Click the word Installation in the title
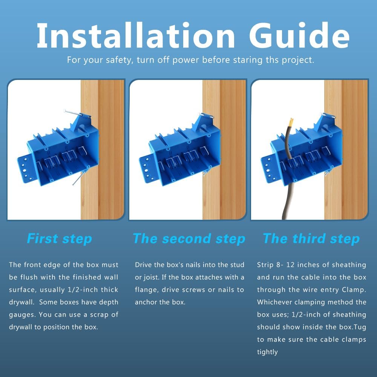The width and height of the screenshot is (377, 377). coord(136,35)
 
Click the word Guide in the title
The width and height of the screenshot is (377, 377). coord(299,35)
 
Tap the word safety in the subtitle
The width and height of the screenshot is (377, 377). coord(120,60)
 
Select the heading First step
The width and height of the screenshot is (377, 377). coord(60,239)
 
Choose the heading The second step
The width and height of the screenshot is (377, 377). coord(189,239)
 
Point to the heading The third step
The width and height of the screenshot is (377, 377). coord(311,239)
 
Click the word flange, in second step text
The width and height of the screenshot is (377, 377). coord(147,290)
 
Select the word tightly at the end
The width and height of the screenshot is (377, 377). coord(267,352)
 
